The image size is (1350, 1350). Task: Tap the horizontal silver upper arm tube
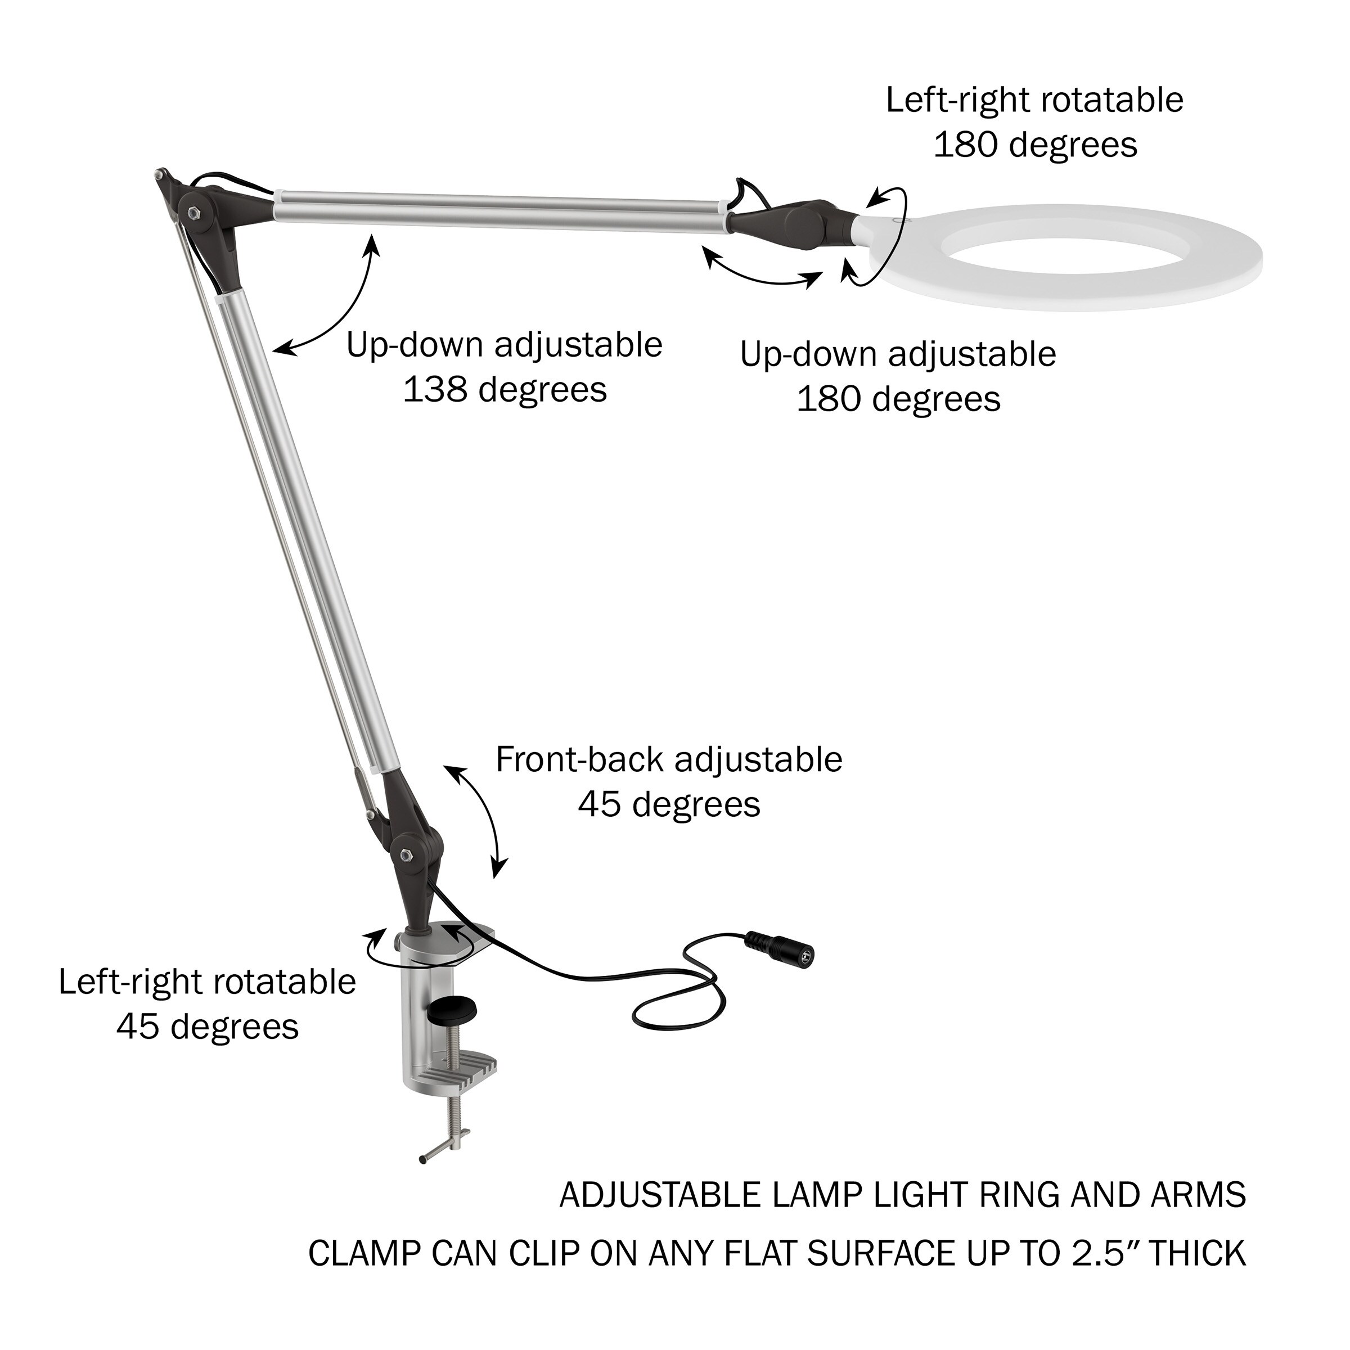pyautogui.click(x=499, y=208)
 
